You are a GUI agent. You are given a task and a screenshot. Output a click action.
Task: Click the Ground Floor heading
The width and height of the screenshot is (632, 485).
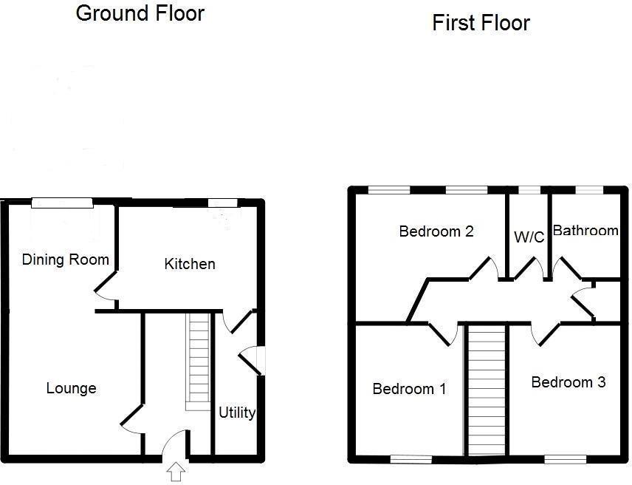tap(140, 13)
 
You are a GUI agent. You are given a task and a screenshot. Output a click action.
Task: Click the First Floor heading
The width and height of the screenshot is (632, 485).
tap(481, 23)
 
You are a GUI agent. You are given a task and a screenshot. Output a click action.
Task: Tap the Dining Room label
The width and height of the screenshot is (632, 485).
tap(66, 260)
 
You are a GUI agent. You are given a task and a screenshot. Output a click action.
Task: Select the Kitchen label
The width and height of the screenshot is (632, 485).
tap(190, 264)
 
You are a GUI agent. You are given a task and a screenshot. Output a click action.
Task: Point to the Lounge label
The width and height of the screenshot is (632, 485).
tap(71, 388)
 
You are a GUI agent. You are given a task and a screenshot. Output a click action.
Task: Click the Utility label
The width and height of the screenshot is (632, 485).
tap(237, 413)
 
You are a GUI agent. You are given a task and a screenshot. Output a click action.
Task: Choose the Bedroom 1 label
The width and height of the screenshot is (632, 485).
tap(409, 389)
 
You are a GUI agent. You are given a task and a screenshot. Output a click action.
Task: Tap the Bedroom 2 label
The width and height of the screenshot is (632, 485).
tap(436, 231)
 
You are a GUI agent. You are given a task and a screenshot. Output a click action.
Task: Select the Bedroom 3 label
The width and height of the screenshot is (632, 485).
tap(569, 382)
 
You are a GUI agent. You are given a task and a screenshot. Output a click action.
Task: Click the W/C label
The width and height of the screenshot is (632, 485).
tap(529, 237)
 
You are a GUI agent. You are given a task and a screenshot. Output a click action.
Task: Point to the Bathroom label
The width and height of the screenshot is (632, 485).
tap(585, 231)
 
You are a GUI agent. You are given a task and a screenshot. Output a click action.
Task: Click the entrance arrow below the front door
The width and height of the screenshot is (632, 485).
tap(176, 471)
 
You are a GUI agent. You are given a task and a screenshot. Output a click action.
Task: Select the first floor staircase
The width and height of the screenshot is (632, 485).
tap(487, 390)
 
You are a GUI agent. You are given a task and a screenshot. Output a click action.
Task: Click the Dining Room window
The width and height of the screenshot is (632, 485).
tap(62, 200)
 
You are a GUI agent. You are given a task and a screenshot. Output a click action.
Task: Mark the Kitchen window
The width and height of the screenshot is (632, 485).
tap(223, 202)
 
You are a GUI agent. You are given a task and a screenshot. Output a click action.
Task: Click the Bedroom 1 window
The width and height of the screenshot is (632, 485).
tap(411, 459)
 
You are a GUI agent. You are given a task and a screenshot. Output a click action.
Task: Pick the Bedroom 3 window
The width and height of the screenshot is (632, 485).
tap(566, 459)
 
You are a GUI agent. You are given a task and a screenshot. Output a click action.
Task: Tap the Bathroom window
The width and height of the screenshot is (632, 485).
tap(588, 191)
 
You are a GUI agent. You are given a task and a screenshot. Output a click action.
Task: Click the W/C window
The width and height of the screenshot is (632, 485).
tap(529, 191)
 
